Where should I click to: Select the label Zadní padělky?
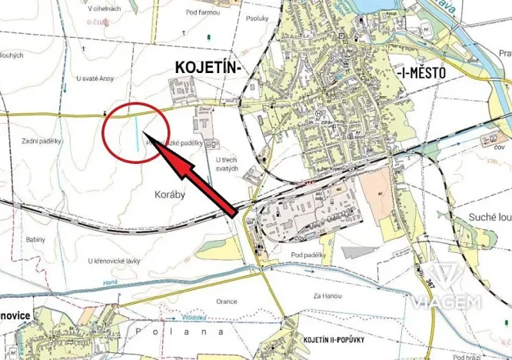click(42, 141)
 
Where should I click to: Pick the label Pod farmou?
click(202, 12)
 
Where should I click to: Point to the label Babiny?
click(35, 239)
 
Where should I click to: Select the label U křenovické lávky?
click(114, 262)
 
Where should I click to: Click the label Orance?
click(228, 302)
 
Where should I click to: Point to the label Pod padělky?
click(310, 255)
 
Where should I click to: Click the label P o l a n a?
click(178, 331)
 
